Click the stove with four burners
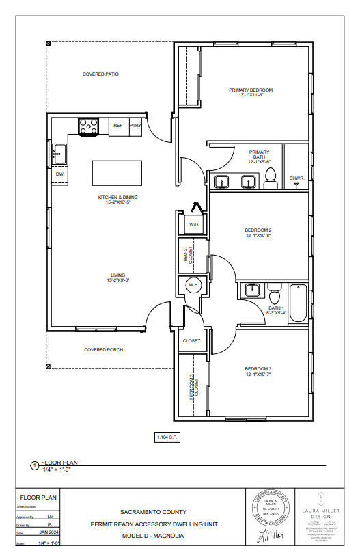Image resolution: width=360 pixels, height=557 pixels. (x=88, y=126)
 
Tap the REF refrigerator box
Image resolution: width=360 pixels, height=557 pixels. (x=118, y=126)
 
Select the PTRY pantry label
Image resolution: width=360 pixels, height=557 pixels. (x=136, y=126)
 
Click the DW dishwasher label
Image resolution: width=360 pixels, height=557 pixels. (x=59, y=174)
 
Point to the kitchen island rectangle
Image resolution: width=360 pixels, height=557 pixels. (x=117, y=171)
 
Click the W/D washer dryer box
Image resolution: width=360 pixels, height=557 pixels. (x=193, y=224)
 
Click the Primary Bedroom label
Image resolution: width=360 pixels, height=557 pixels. (x=251, y=90)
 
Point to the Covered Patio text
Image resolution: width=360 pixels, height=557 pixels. (x=100, y=74)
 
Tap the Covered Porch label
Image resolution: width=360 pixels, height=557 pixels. (x=102, y=350)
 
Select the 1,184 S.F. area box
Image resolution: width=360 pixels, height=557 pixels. (x=168, y=437)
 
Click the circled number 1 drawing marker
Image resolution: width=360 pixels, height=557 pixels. (x=35, y=465)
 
